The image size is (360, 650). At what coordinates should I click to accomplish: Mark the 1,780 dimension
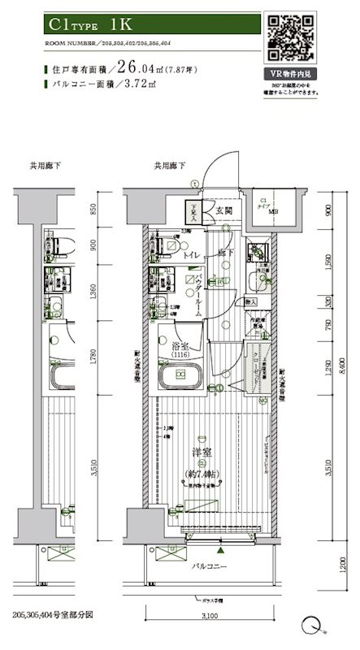94,354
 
